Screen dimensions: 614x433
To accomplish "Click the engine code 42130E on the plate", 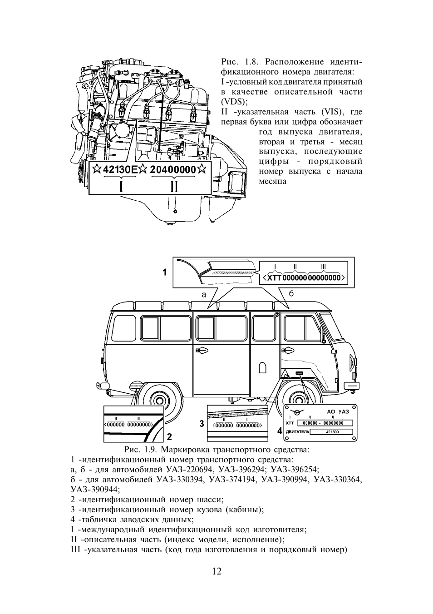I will (120, 170).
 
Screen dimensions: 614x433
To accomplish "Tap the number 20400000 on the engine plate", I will (173, 170).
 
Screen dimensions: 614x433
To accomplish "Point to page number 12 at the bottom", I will (216, 571).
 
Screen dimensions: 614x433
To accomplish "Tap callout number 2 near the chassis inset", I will (169, 437).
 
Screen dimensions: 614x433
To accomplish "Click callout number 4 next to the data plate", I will (280, 431).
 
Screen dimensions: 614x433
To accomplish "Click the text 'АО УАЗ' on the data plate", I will (338, 411).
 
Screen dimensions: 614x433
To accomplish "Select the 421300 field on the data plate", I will (332, 431).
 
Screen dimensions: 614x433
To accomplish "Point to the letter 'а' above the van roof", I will (204, 294).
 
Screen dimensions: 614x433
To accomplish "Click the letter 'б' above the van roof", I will (291, 294).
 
